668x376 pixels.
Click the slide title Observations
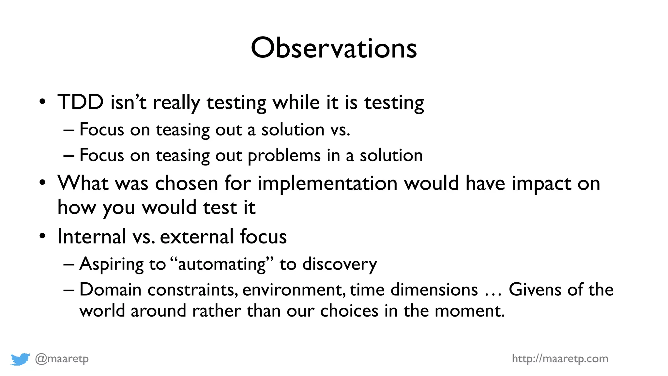[x=334, y=48]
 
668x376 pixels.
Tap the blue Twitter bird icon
[x=20, y=359]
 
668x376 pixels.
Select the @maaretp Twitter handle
[x=62, y=359]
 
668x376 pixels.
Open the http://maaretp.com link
[x=560, y=358]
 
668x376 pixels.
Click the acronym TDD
[x=81, y=102]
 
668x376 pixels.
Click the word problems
[x=284, y=156]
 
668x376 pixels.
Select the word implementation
[x=327, y=183]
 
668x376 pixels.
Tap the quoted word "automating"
[x=222, y=264]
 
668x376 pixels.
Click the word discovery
[x=340, y=264]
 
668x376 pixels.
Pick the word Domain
[x=110, y=290]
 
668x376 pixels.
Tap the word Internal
[x=92, y=236]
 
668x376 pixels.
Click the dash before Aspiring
[x=69, y=264]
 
